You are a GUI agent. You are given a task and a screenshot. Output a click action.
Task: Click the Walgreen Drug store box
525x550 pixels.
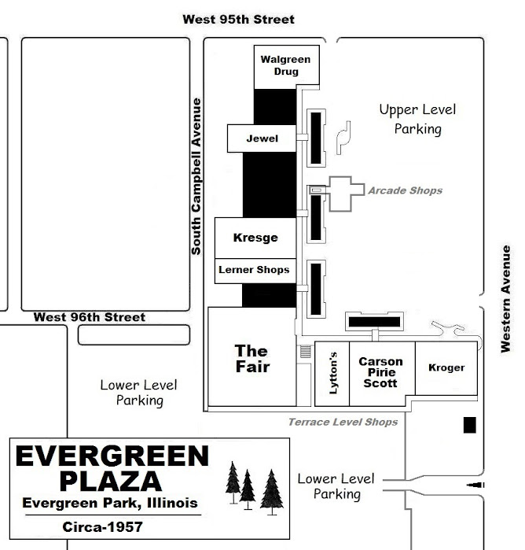pos(286,67)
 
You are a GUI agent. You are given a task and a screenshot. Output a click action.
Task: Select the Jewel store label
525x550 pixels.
pos(262,138)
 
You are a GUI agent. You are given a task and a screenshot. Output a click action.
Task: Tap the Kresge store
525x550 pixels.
pos(255,238)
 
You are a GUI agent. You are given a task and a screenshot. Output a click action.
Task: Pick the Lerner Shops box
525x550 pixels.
pos(255,271)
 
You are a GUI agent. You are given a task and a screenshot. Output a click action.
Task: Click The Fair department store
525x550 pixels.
pos(252,356)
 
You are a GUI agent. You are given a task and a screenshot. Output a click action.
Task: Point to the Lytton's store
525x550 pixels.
pos(332,374)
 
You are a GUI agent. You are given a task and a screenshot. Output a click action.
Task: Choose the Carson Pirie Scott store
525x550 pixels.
pos(383,374)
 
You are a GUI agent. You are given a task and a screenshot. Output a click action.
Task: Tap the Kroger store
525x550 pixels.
pos(446,368)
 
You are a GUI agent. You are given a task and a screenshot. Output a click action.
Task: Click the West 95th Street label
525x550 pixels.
pos(239,20)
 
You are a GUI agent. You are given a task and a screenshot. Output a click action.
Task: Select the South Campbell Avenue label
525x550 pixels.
pos(196,176)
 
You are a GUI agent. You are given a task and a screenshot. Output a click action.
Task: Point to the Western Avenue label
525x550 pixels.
pos(505,299)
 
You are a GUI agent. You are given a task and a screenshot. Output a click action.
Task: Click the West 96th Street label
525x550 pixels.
pos(90,317)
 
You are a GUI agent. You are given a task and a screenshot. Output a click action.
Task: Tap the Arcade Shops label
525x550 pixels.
pos(405,190)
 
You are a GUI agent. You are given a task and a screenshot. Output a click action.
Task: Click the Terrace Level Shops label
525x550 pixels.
pos(343,422)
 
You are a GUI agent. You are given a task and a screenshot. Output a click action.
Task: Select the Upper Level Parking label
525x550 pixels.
pos(418,120)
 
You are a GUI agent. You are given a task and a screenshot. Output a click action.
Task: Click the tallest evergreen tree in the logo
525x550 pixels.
pos(272,493)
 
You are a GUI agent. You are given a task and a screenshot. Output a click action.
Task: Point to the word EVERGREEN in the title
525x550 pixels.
pos(112,456)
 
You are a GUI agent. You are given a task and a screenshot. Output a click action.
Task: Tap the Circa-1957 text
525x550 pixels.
pos(103,527)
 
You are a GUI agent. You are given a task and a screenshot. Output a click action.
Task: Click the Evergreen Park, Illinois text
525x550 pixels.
pos(110,503)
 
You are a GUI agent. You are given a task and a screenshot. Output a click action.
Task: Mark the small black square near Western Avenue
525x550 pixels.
pos(470,425)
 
